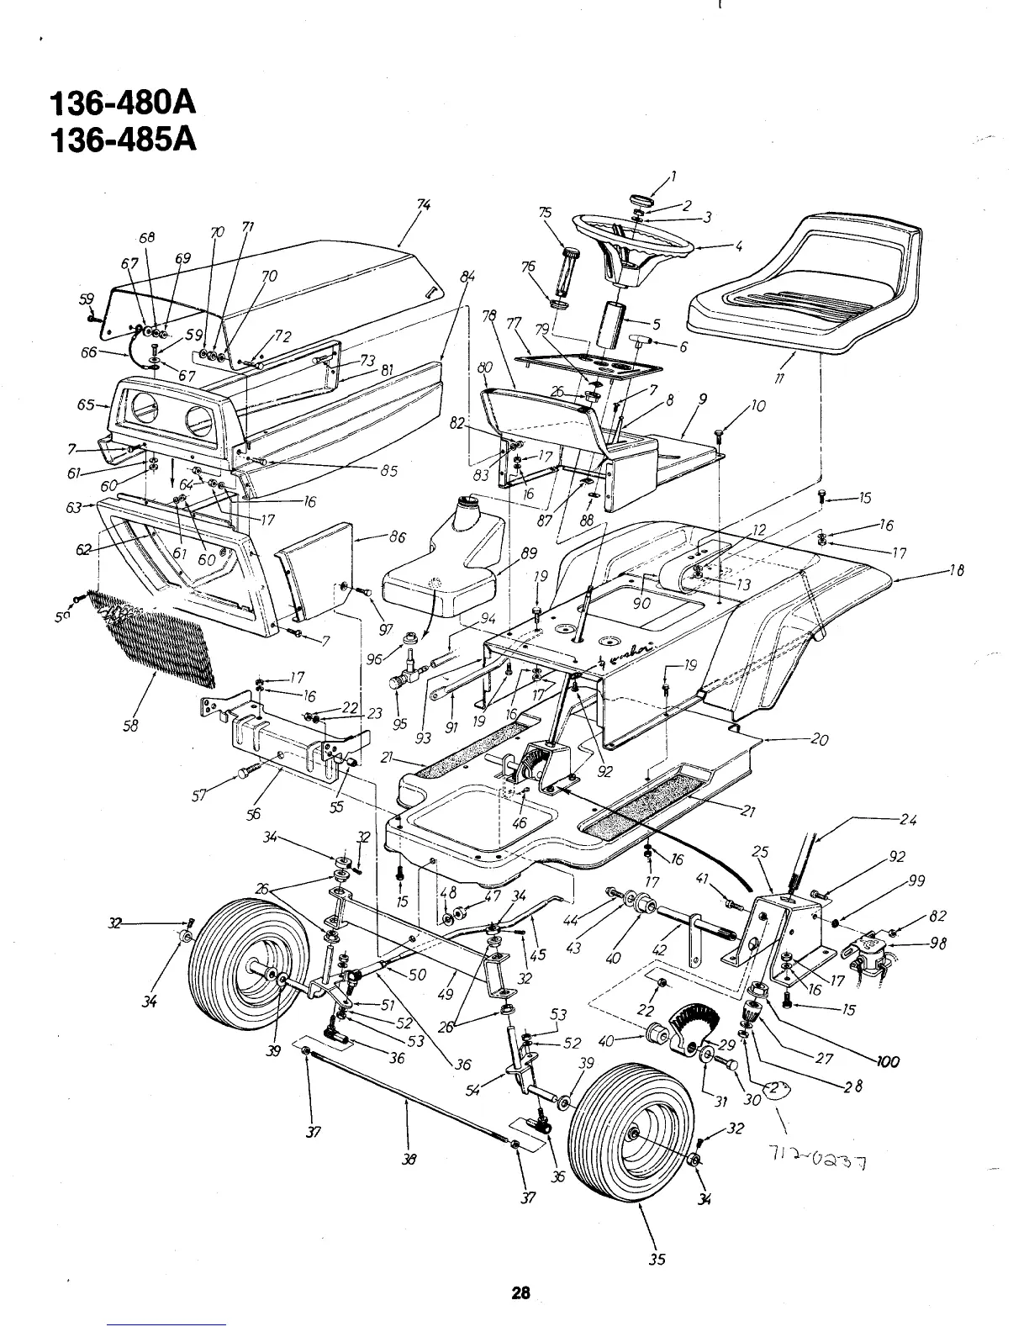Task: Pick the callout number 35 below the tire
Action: click(657, 1259)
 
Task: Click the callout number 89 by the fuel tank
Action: click(528, 553)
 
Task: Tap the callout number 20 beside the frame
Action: click(819, 740)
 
